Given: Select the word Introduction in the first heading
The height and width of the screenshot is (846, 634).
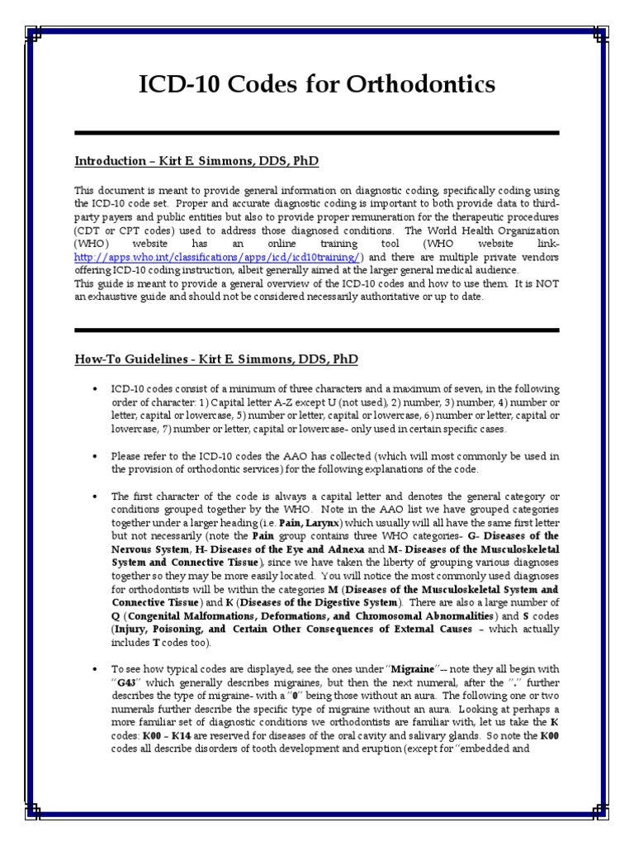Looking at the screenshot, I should click(x=110, y=160).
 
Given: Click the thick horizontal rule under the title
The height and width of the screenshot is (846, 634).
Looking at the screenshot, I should click(x=317, y=133).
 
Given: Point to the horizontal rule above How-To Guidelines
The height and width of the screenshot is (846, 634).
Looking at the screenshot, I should click(x=317, y=330).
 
